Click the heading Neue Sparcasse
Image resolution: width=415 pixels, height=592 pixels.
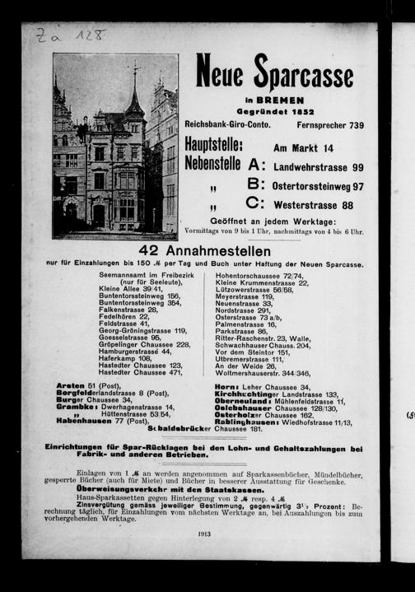pos(274,73)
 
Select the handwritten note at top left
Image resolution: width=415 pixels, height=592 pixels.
pos(71,35)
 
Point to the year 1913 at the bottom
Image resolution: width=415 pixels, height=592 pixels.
pos(204,534)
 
